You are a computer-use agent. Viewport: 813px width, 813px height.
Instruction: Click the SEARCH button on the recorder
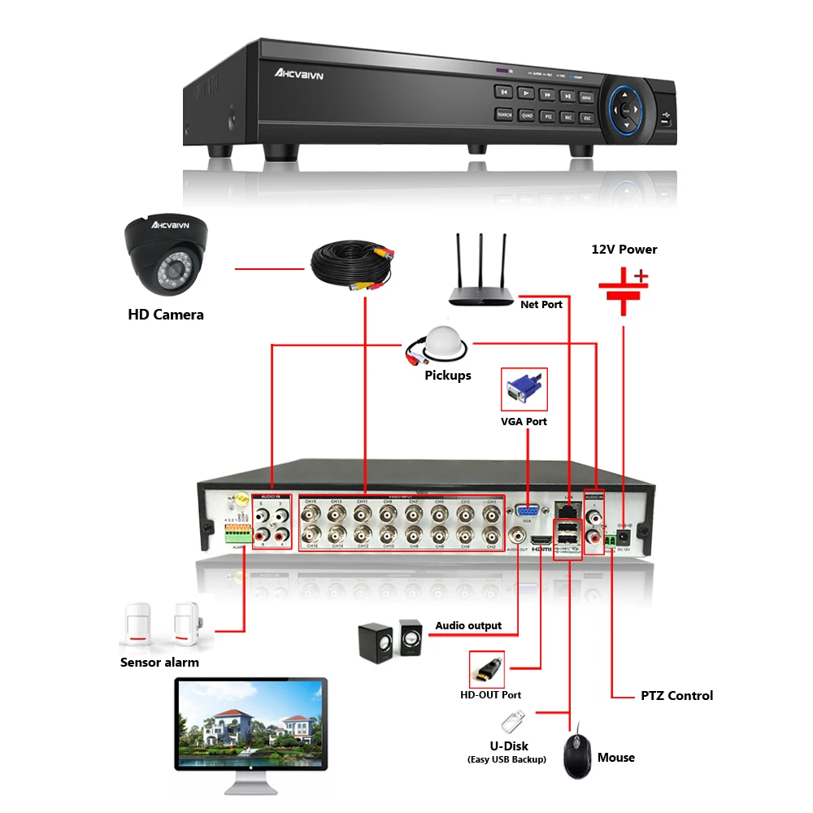(x=504, y=115)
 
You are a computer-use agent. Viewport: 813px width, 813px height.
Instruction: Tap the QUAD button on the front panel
(x=527, y=116)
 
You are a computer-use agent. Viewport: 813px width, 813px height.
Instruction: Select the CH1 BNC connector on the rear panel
(x=491, y=514)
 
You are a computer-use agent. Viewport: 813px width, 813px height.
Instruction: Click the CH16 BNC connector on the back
(x=311, y=535)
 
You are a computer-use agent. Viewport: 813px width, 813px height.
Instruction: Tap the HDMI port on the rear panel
(x=540, y=540)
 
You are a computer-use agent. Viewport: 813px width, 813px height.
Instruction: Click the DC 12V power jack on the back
(x=624, y=537)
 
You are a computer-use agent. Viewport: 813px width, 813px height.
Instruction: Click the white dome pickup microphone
(x=441, y=346)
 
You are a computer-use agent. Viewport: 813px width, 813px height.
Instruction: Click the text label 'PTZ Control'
(x=676, y=696)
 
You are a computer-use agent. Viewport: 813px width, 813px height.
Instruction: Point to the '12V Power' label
(x=624, y=250)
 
